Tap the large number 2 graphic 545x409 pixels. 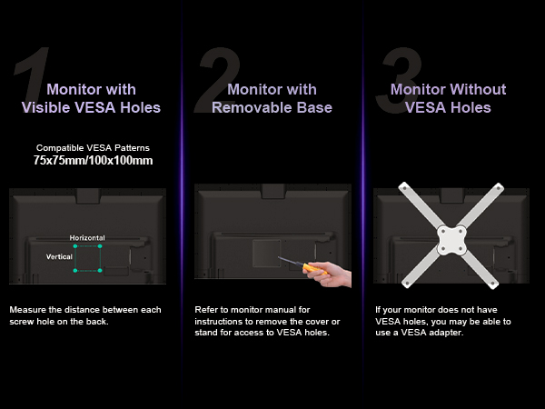[218, 80]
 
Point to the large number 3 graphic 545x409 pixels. [400, 80]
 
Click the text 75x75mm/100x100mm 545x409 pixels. [94, 161]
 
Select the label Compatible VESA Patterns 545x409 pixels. [93, 148]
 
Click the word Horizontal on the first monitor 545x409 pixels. [87, 238]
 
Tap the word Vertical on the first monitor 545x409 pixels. [59, 256]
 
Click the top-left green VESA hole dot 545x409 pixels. [75, 246]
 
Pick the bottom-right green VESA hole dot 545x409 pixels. [100, 270]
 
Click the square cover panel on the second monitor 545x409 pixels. [266, 253]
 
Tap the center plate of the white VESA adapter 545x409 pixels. [451, 240]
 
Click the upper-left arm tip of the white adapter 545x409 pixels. [404, 187]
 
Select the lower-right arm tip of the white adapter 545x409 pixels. [493, 284]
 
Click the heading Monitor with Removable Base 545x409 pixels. [272, 98]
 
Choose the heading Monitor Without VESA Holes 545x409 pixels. [449, 98]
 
